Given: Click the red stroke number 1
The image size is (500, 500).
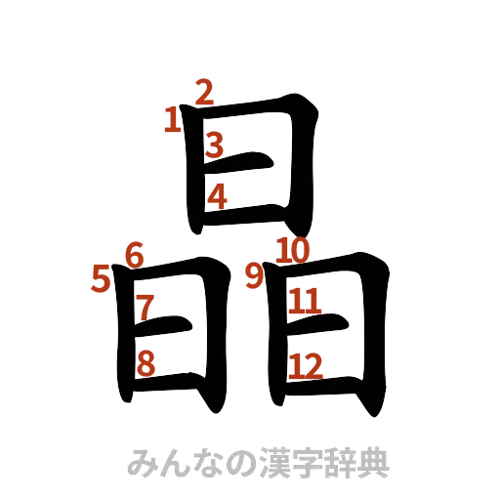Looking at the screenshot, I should point(173,120).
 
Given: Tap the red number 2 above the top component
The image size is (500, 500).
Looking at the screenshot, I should point(204,92).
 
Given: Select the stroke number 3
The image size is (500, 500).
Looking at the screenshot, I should point(216,146).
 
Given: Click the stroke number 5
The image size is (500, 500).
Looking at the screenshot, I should point(101,280).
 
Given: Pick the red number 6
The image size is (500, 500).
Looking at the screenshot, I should point(135,254).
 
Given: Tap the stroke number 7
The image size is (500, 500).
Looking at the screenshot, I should point(145,306).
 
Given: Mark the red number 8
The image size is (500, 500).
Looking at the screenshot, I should point(146,363).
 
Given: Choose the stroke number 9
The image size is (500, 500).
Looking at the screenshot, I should point(254,276).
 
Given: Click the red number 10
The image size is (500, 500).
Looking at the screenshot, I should point(293,250).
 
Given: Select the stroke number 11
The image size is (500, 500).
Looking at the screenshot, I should point(305,302).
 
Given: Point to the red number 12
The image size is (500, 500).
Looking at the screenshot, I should point(306,365).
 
